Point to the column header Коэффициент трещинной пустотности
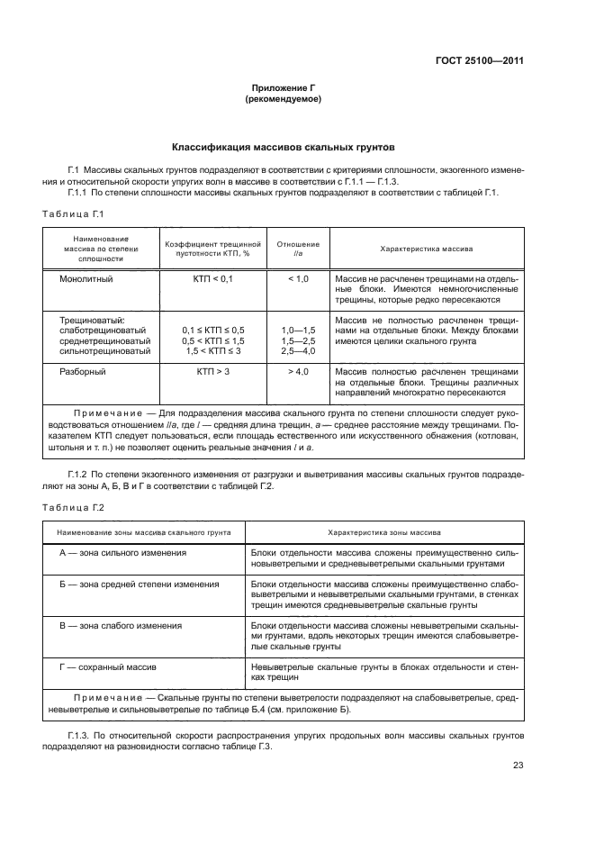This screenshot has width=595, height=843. [x=212, y=249]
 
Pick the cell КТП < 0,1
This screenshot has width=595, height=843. [x=212, y=280]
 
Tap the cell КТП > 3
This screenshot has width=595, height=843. [x=212, y=371]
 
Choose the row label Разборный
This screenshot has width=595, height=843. [x=83, y=371]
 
